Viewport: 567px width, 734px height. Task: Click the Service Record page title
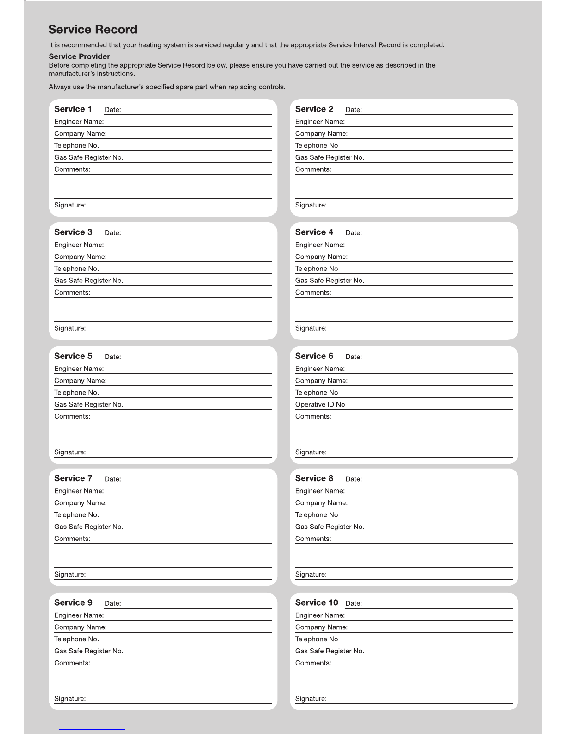tap(93, 30)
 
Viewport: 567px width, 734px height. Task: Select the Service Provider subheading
tap(79, 56)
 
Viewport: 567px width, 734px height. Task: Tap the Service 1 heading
tap(73, 109)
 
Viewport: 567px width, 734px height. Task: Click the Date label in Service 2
tap(354, 110)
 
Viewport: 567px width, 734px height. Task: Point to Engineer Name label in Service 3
tap(79, 245)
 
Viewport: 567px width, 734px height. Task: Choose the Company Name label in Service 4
tap(321, 257)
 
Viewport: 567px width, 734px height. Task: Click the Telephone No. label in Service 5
tap(76, 393)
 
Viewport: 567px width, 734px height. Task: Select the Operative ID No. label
tap(321, 405)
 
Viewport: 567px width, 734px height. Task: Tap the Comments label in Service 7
tap(72, 539)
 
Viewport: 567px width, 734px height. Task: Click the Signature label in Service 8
tap(311, 575)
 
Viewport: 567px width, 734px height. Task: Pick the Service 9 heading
tap(73, 603)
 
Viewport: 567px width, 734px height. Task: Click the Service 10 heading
tap(317, 603)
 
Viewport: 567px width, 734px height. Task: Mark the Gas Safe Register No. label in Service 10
tap(330, 652)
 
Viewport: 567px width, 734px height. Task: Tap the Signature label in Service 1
tap(70, 205)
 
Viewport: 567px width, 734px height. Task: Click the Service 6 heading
tap(314, 356)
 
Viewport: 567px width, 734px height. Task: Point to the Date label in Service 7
tap(112, 479)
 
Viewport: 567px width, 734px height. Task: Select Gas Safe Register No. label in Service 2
tap(330, 158)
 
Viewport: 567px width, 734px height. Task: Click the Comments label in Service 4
tap(313, 293)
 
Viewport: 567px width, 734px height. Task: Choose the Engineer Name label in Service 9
tap(79, 616)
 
